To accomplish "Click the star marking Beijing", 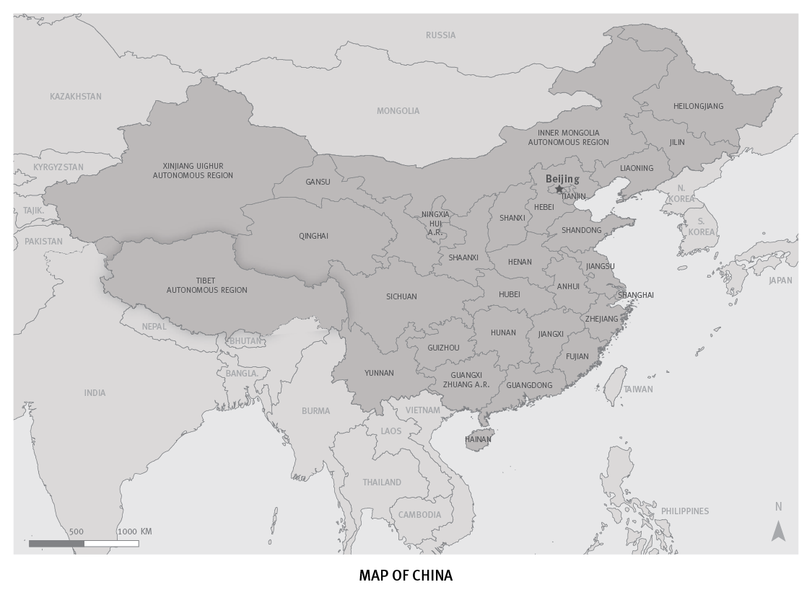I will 559,189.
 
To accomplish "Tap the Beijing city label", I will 562,179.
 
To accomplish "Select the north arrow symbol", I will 778,531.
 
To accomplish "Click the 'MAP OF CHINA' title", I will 406,576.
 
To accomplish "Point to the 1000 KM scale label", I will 134,532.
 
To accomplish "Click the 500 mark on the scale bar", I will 77,532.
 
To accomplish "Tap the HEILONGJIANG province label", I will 698,106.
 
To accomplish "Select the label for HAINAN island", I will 478,439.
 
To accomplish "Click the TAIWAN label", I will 638,389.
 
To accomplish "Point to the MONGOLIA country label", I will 398,111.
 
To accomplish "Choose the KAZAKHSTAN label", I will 76,97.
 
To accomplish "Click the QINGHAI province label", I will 313,236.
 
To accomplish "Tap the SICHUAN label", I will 401,296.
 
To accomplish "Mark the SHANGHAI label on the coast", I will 635,295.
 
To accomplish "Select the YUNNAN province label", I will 379,373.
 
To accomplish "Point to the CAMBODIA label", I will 419,515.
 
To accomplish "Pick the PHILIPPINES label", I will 685,511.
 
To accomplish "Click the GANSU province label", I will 318,182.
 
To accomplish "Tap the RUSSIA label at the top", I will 440,35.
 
